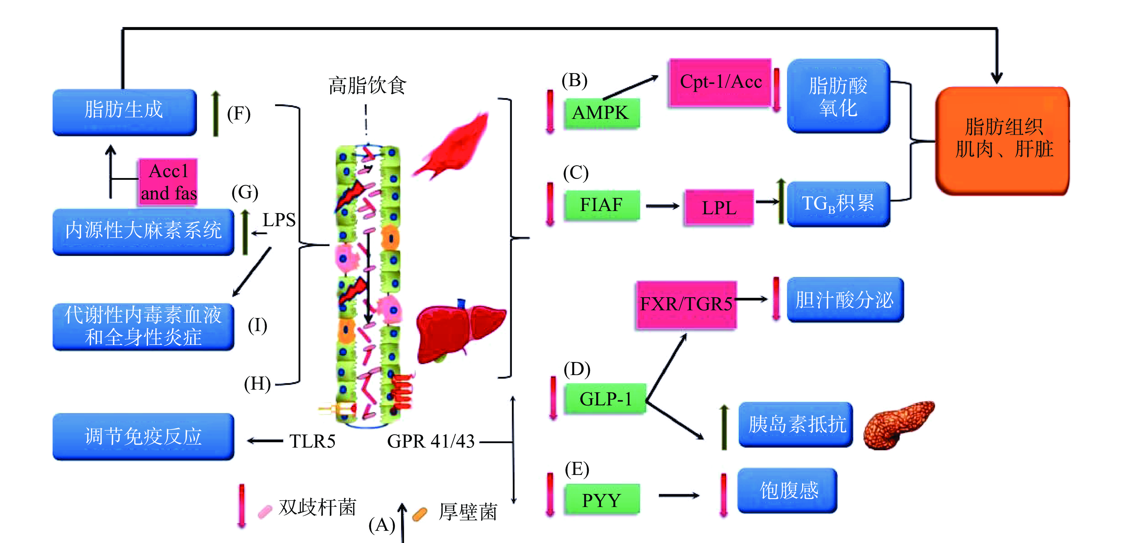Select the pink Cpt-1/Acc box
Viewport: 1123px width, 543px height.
point(720,82)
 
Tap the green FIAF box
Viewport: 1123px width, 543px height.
point(601,205)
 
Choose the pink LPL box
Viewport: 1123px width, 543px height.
point(719,208)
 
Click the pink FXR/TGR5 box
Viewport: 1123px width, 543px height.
point(686,304)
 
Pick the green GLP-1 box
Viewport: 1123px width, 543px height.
point(605,399)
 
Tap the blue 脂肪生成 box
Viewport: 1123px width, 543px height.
point(124,112)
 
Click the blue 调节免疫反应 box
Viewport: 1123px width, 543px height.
point(143,436)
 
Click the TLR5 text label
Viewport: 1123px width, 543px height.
point(312,441)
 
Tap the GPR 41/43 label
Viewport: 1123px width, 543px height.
point(431,441)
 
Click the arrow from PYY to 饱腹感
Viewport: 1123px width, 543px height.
point(678,495)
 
